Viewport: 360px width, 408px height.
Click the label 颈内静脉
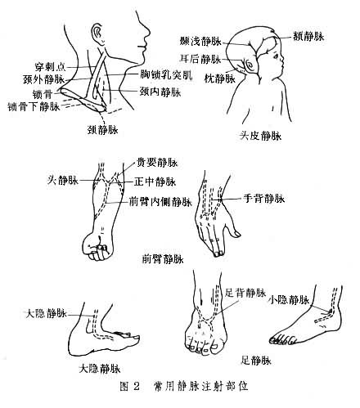(x=160, y=92)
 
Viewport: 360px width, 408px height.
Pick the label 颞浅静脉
(x=201, y=39)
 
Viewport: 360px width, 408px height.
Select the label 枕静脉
(x=218, y=78)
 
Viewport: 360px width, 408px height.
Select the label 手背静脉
(x=263, y=198)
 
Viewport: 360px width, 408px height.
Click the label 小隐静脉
(x=287, y=300)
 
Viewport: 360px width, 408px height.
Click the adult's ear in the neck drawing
(x=98, y=34)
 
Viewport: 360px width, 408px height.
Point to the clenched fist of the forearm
(x=97, y=246)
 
